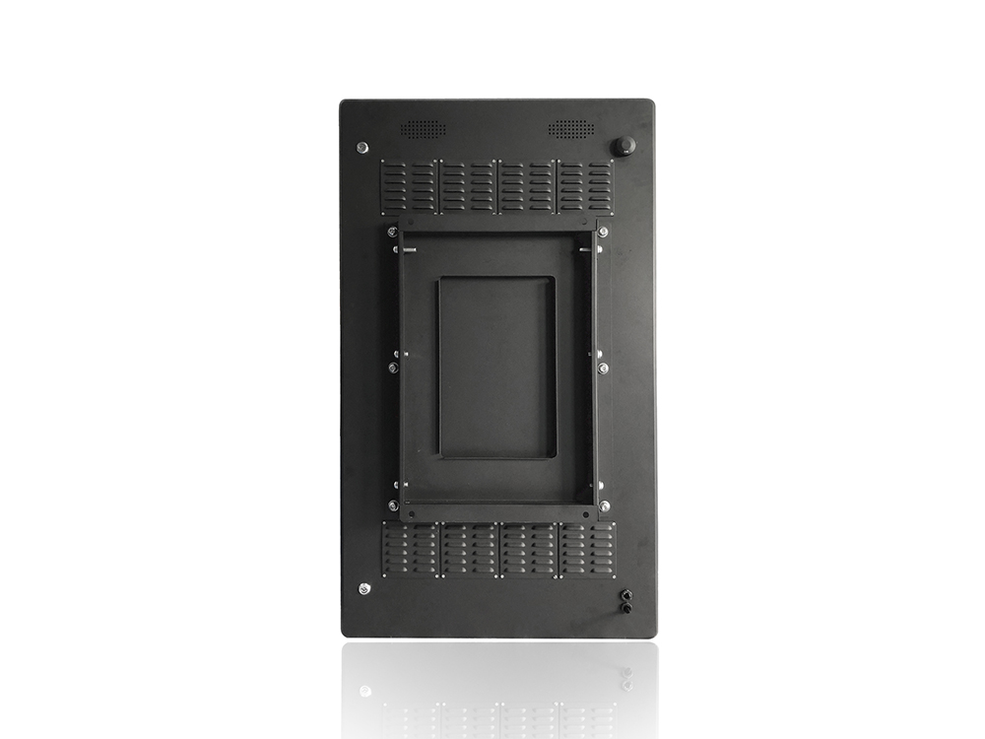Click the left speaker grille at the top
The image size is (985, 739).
tap(423, 129)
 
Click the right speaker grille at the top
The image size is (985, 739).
tap(571, 129)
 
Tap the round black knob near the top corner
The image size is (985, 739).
tap(623, 147)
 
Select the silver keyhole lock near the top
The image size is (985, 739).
tap(362, 148)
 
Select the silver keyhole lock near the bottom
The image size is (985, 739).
tap(364, 588)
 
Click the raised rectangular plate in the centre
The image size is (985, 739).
tap(496, 367)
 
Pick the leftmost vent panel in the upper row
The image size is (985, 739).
tap(410, 187)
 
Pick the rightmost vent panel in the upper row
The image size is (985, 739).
tap(586, 187)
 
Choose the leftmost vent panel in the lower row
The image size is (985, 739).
tap(411, 550)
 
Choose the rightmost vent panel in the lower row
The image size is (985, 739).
tap(587, 550)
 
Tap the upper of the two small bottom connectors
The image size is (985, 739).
tap(624, 595)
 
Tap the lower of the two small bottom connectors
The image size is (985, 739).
tap(624, 609)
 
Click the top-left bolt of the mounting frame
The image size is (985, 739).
tap(393, 233)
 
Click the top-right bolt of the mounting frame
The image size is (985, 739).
tap(602, 233)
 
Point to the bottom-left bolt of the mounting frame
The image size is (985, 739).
tap(393, 505)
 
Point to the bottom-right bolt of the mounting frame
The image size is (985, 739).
tap(603, 505)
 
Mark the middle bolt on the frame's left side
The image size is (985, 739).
tap(393, 368)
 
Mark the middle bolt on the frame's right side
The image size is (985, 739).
tap(602, 368)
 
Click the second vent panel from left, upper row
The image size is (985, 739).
tap(468, 187)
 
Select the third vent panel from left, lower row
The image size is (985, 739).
tap(529, 550)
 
